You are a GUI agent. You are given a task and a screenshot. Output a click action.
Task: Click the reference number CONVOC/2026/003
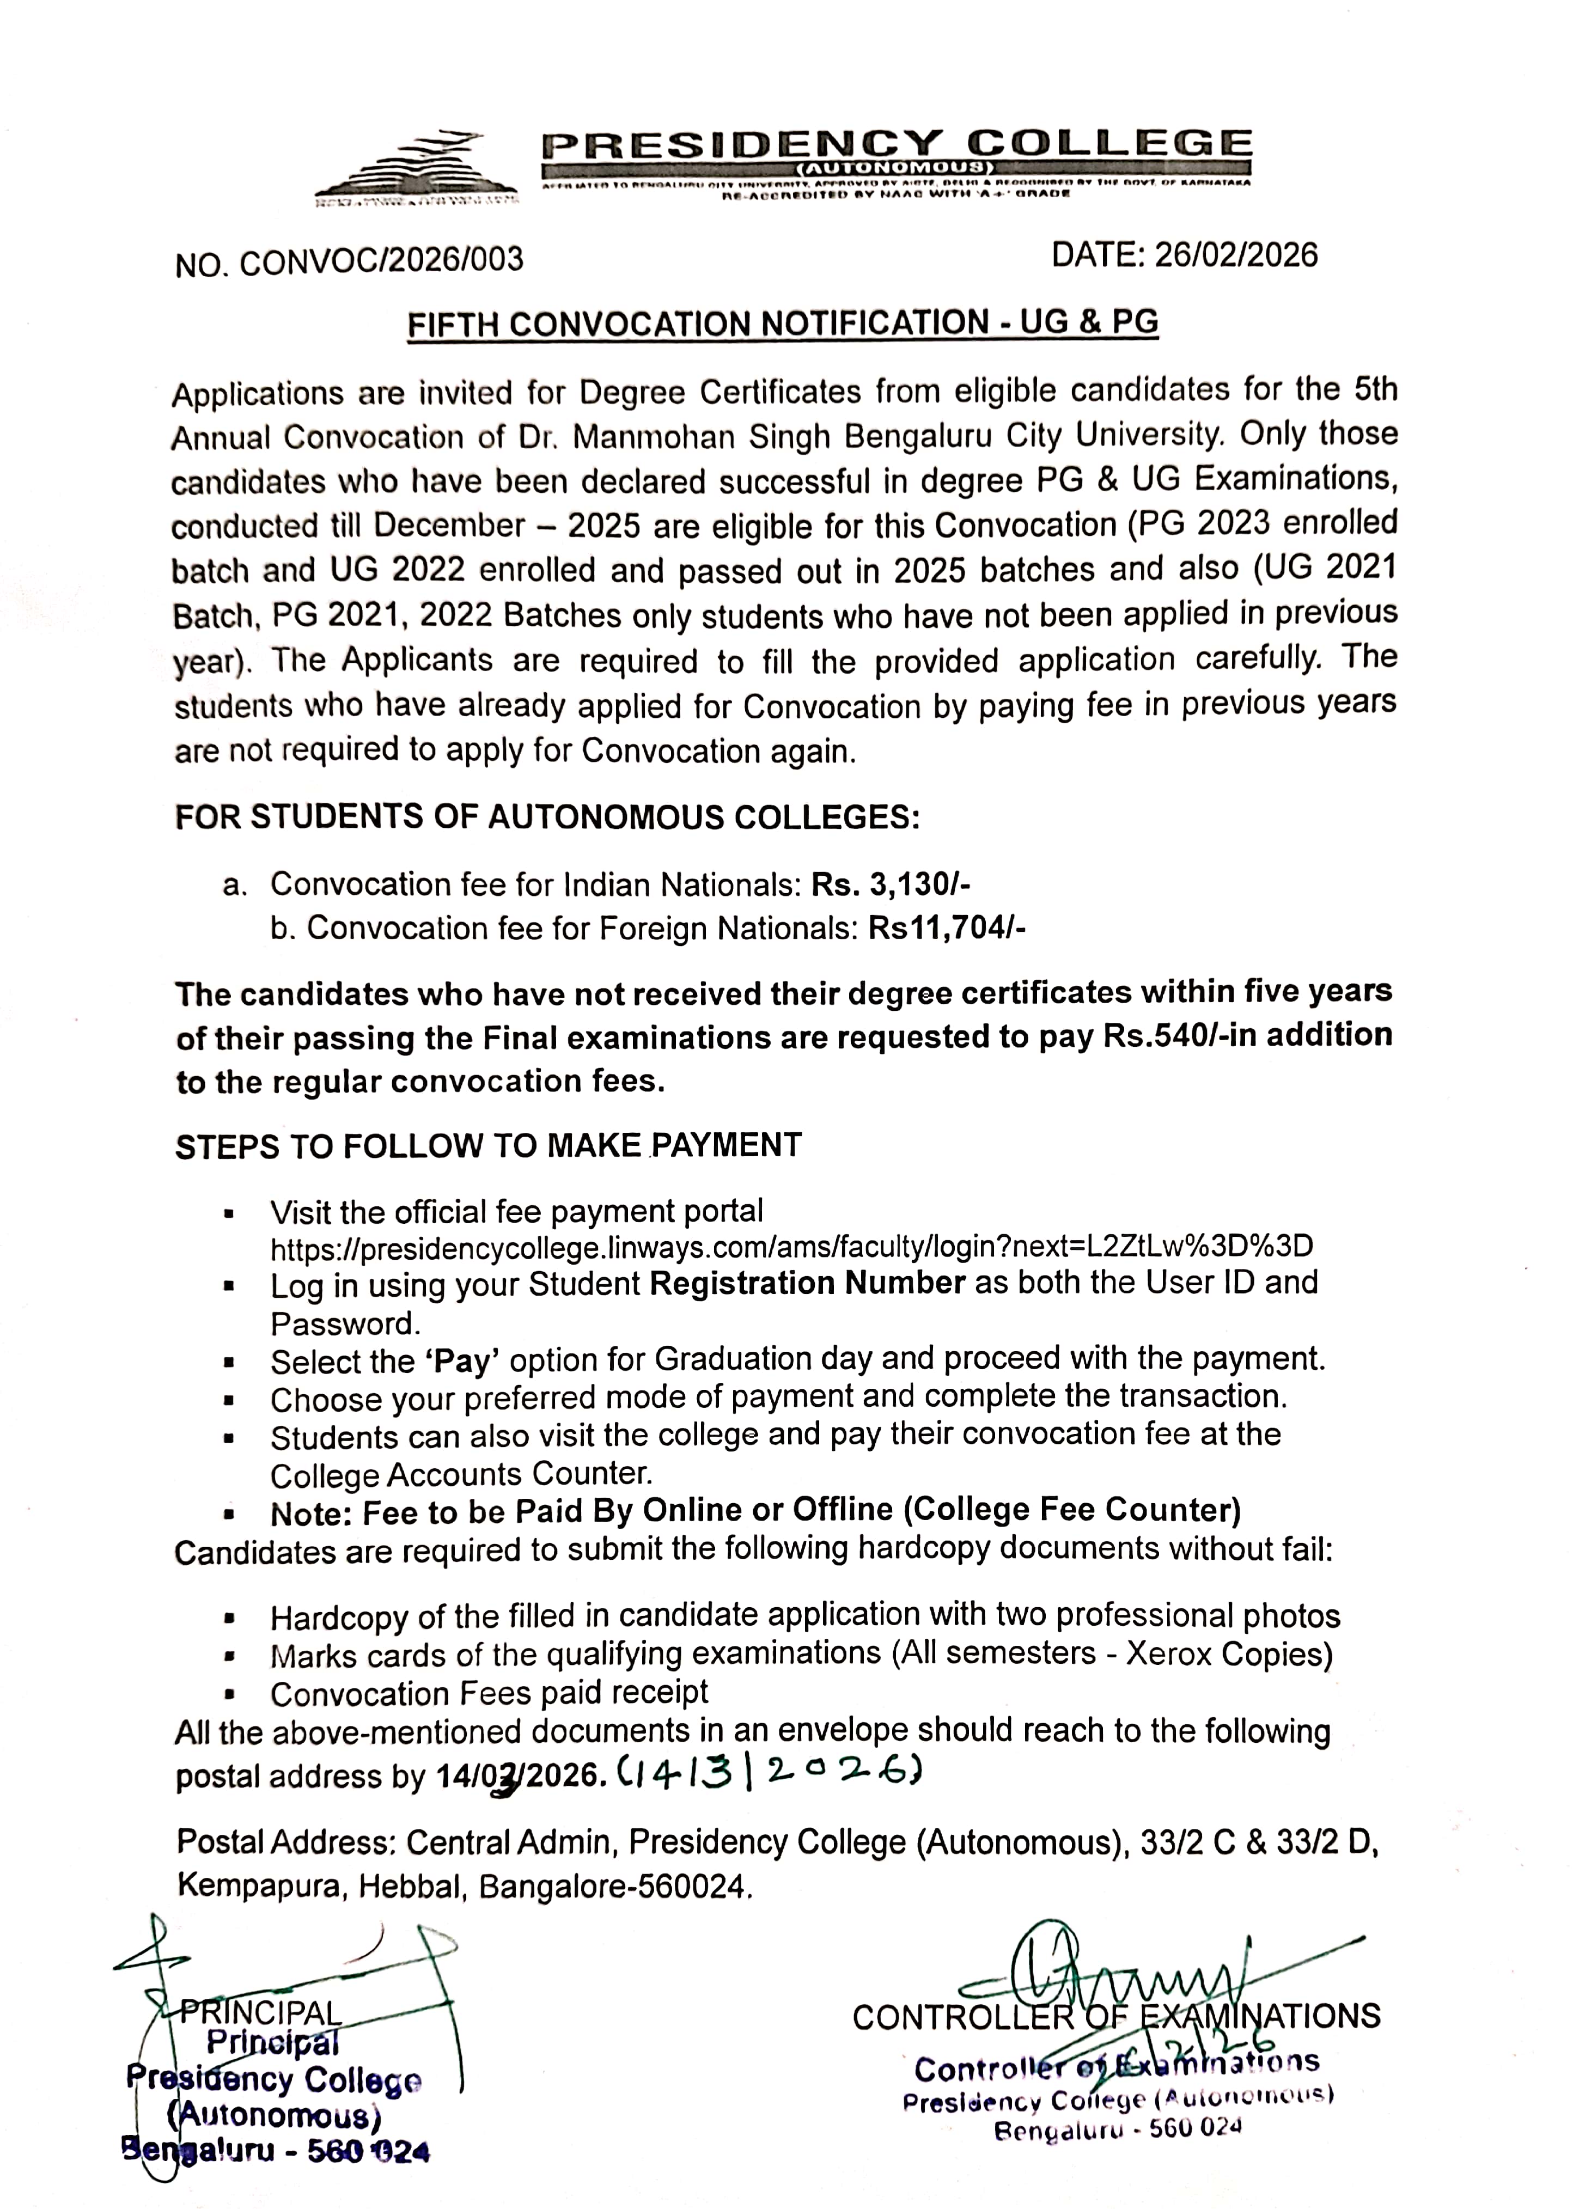[x=381, y=260]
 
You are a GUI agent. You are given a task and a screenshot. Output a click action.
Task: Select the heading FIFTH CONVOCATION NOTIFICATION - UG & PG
[x=783, y=322]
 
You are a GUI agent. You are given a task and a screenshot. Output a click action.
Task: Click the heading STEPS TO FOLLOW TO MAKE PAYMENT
[x=488, y=1146]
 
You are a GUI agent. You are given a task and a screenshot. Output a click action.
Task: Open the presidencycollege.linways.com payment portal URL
[x=791, y=1247]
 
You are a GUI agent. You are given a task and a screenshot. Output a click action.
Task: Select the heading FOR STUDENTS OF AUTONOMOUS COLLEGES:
[x=546, y=817]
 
